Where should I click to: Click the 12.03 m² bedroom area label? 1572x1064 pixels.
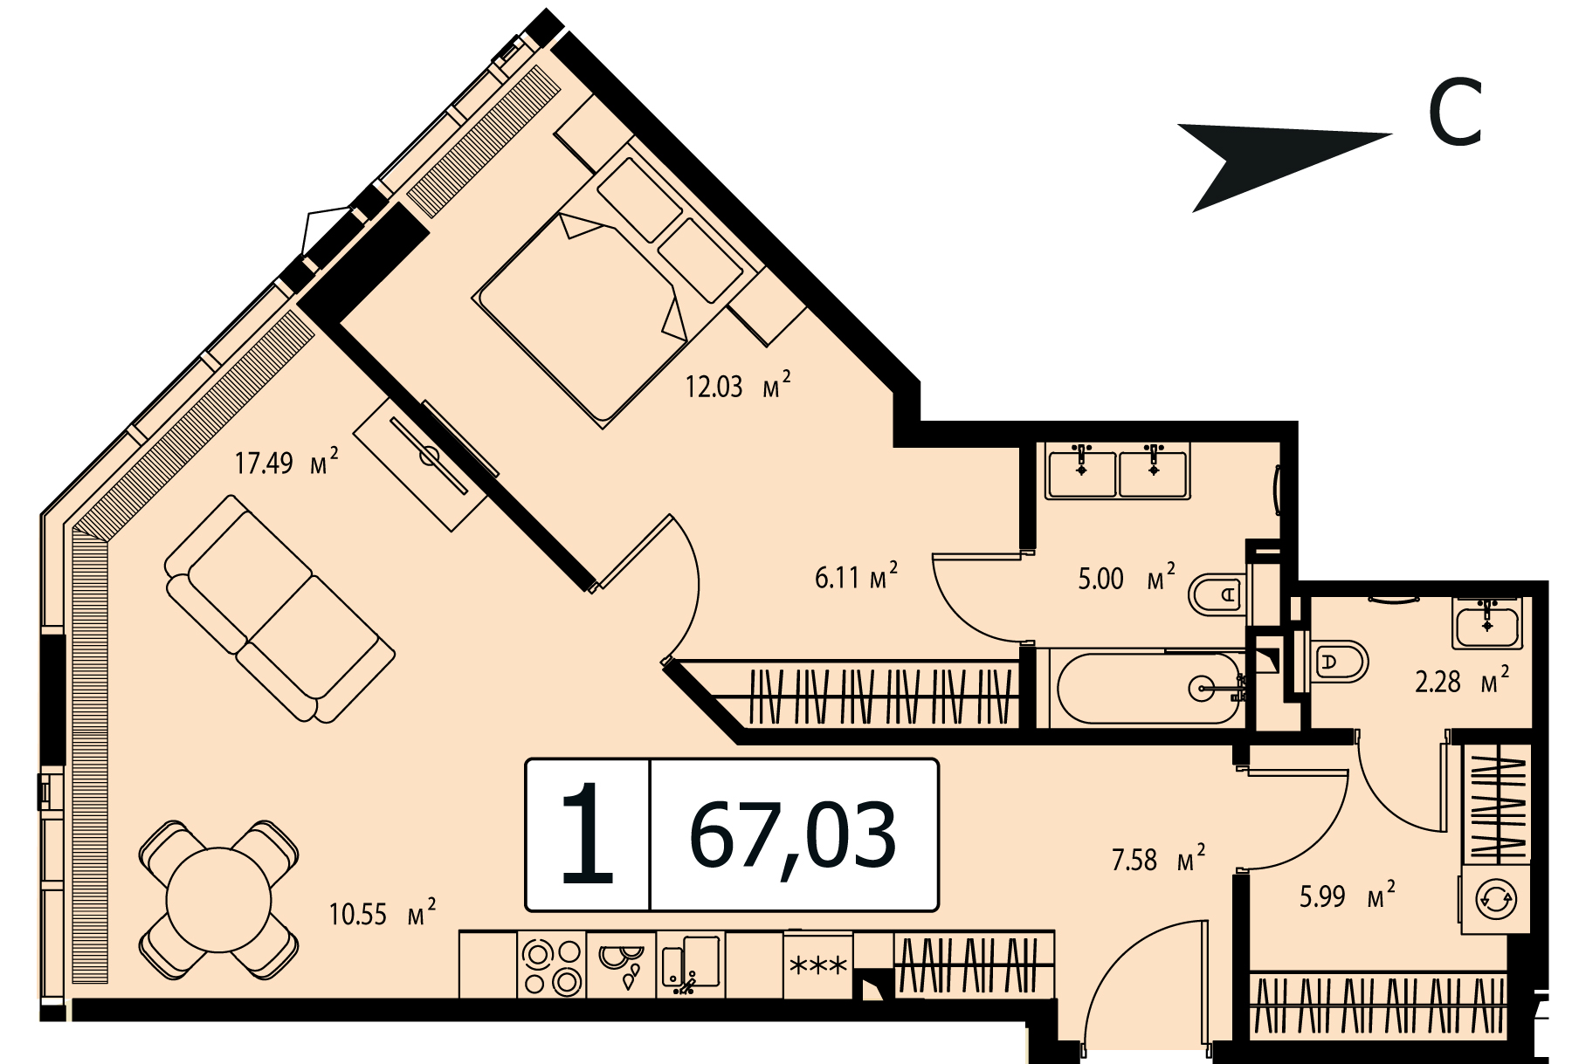pyautogui.click(x=738, y=385)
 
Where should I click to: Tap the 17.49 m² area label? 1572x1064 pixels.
pyautogui.click(x=286, y=461)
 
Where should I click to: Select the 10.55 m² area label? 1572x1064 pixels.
pyautogui.click(x=383, y=913)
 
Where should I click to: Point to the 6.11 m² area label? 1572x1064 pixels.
pyautogui.click(x=856, y=576)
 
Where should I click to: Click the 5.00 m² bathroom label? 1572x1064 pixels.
pyautogui.click(x=1127, y=577)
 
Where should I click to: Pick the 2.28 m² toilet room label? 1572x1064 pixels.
pyautogui.click(x=1462, y=680)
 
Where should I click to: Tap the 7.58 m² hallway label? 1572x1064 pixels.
pyautogui.click(x=1158, y=859)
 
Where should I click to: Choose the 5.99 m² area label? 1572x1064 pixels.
pyautogui.click(x=1348, y=896)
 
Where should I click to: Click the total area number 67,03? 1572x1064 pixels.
pyautogui.click(x=793, y=835)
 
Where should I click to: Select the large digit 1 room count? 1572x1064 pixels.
pyautogui.click(x=587, y=834)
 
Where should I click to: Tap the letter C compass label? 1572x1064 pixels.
pyautogui.click(x=1455, y=113)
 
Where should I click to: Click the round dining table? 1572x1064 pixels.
pyautogui.click(x=219, y=899)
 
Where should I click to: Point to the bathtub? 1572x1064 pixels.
pyautogui.click(x=1149, y=688)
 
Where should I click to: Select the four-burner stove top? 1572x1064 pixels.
pyautogui.click(x=551, y=964)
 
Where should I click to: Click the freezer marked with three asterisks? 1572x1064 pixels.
pyautogui.click(x=818, y=965)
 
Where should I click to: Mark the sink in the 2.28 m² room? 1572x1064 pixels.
pyautogui.click(x=1487, y=622)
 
